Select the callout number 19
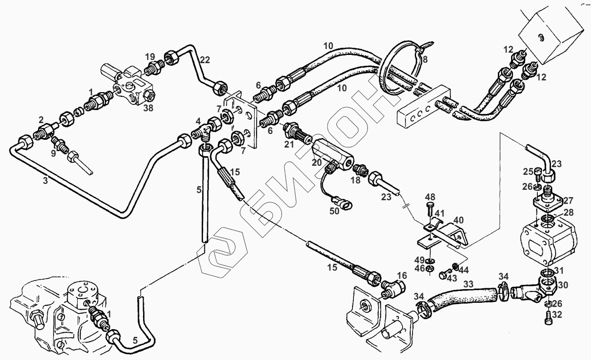tap(150, 57)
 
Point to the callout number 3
tap(45, 180)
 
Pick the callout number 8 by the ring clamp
tap(425, 59)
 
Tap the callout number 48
tap(430, 197)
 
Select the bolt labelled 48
tap(430, 210)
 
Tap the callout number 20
tap(317, 162)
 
